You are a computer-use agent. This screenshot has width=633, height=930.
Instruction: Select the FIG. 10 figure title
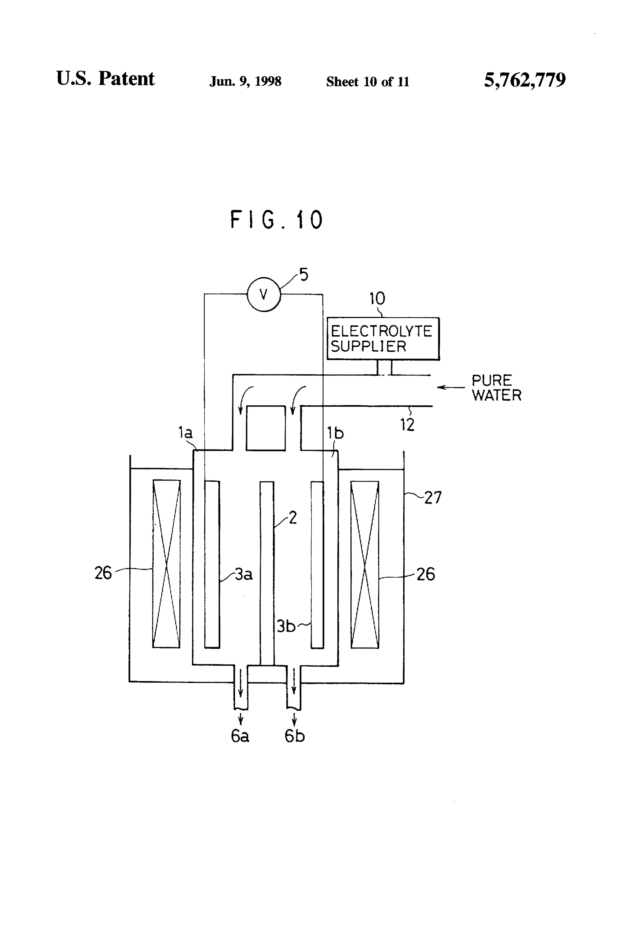276,219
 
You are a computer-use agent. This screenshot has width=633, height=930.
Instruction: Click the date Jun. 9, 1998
245,81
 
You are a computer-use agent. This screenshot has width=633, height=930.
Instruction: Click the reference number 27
433,497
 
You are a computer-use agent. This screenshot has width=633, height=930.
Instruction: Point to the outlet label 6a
240,736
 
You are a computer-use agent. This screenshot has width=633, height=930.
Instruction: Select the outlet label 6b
294,736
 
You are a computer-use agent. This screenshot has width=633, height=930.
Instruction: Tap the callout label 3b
286,626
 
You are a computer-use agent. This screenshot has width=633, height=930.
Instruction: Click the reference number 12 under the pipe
407,425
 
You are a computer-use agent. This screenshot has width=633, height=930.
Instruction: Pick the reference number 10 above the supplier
377,299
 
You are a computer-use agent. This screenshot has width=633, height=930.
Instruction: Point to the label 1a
185,432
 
